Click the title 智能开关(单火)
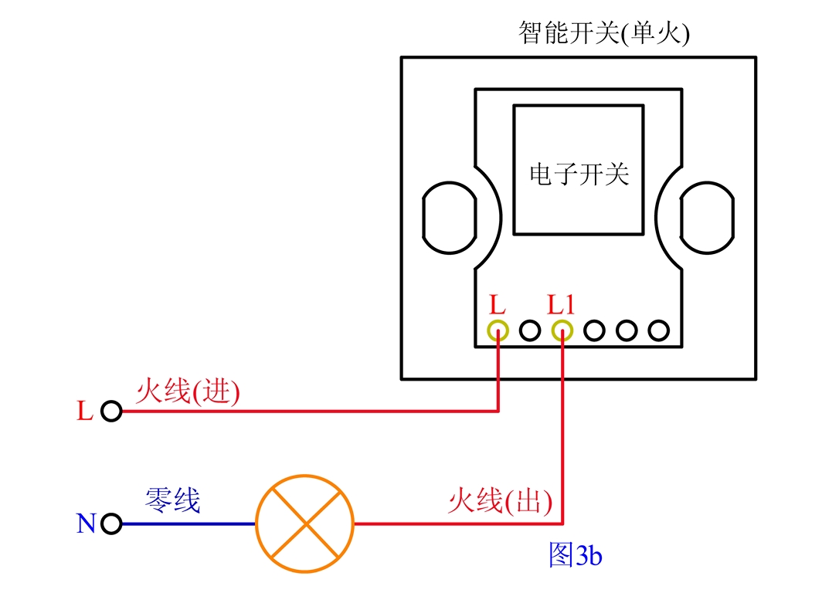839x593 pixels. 603,33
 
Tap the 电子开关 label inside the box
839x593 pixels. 579,175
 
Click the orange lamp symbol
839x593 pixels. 305,524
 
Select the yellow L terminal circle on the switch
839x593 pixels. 498,331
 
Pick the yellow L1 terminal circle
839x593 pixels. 562,331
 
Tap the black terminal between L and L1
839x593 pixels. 530,331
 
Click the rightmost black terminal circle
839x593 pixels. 658,331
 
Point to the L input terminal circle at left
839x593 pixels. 111,412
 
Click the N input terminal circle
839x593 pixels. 111,524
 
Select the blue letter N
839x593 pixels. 86,524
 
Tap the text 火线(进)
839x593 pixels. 188,391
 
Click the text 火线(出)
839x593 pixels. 500,503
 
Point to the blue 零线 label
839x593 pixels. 172,501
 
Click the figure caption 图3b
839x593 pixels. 574,555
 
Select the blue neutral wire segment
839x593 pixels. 189,524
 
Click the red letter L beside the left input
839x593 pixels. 85,412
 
